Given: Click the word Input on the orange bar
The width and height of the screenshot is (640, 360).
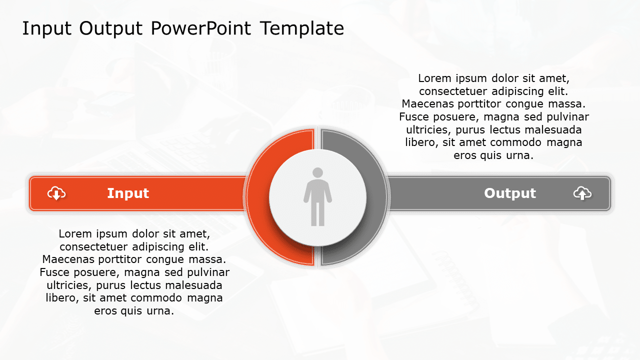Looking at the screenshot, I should tap(128, 193).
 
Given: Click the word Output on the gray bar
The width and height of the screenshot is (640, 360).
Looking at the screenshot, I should tap(509, 193).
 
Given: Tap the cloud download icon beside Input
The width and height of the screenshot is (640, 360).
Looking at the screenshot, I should tap(56, 193).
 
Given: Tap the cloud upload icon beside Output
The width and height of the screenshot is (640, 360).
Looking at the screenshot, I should tap(582, 193).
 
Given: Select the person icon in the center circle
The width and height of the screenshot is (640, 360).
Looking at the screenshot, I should tap(317, 197).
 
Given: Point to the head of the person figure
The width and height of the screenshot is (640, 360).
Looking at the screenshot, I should tap(317, 173).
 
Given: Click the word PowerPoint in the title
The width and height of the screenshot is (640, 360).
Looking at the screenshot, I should tap(200, 28).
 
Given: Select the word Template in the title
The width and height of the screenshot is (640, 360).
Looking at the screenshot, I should tap(301, 28).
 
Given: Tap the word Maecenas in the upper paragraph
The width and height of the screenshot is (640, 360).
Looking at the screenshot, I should tap(426, 104).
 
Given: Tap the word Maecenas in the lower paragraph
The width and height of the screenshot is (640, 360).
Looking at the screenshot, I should tap(66, 259).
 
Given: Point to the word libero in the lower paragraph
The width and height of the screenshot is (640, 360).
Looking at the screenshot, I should tap(60, 298).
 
